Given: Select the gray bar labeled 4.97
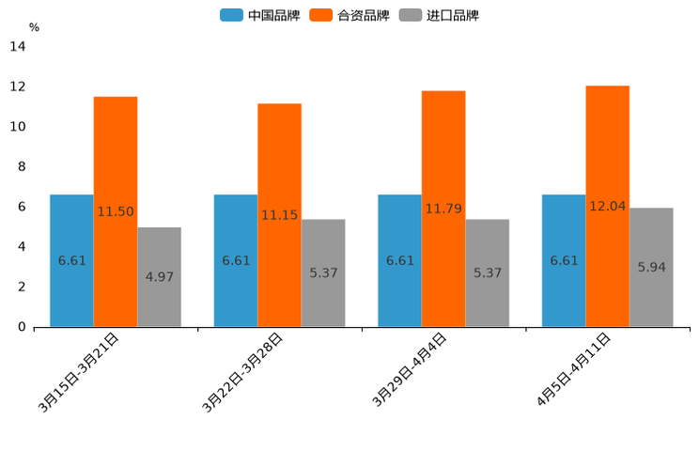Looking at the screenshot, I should [159, 276].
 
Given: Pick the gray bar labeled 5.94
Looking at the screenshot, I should [651, 267].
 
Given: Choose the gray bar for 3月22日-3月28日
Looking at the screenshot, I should [323, 272].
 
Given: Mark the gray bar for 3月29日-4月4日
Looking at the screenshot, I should [487, 272].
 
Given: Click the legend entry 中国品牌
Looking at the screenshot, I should [260, 15].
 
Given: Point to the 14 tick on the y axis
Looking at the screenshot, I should [18, 47].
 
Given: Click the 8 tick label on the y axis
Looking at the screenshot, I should [21, 166].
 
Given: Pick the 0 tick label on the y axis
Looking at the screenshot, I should [21, 327].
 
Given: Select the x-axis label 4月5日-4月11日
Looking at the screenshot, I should [573, 370].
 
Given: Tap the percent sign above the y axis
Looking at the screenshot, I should [34, 27].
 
